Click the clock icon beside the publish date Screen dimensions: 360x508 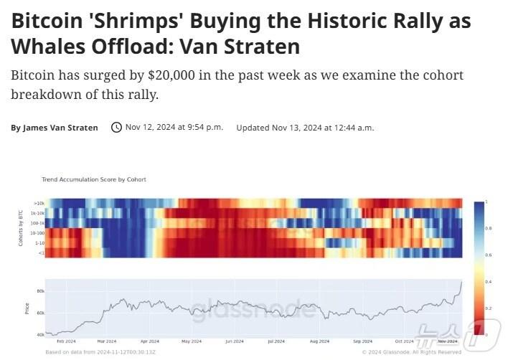pos(116,127)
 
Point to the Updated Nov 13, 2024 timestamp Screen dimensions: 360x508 pos(305,128)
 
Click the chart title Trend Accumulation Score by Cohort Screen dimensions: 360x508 pos(94,179)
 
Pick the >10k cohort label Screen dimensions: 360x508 pos(39,204)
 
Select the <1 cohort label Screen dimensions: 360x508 pos(41,252)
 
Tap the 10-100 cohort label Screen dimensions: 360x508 pos(37,233)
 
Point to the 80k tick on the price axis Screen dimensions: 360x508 pos(40,290)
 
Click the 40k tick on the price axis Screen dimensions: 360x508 pos(40,334)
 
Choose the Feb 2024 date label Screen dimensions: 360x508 pos(66,341)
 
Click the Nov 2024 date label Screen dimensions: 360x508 pos(448,341)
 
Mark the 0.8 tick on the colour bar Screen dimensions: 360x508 pos(489,228)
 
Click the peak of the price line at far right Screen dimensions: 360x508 pos(461,282)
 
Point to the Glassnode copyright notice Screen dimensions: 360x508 pos(412,352)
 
